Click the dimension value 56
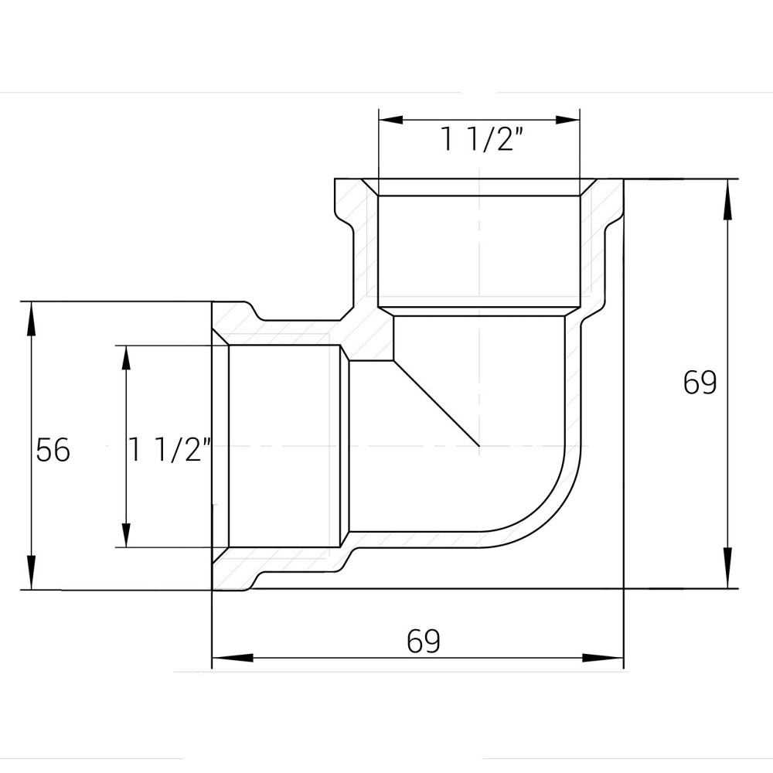[x=53, y=450]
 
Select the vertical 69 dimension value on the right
[x=700, y=382]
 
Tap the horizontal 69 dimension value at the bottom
[x=423, y=641]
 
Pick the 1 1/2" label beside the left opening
[x=171, y=450]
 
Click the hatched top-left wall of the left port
[x=232, y=321]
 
